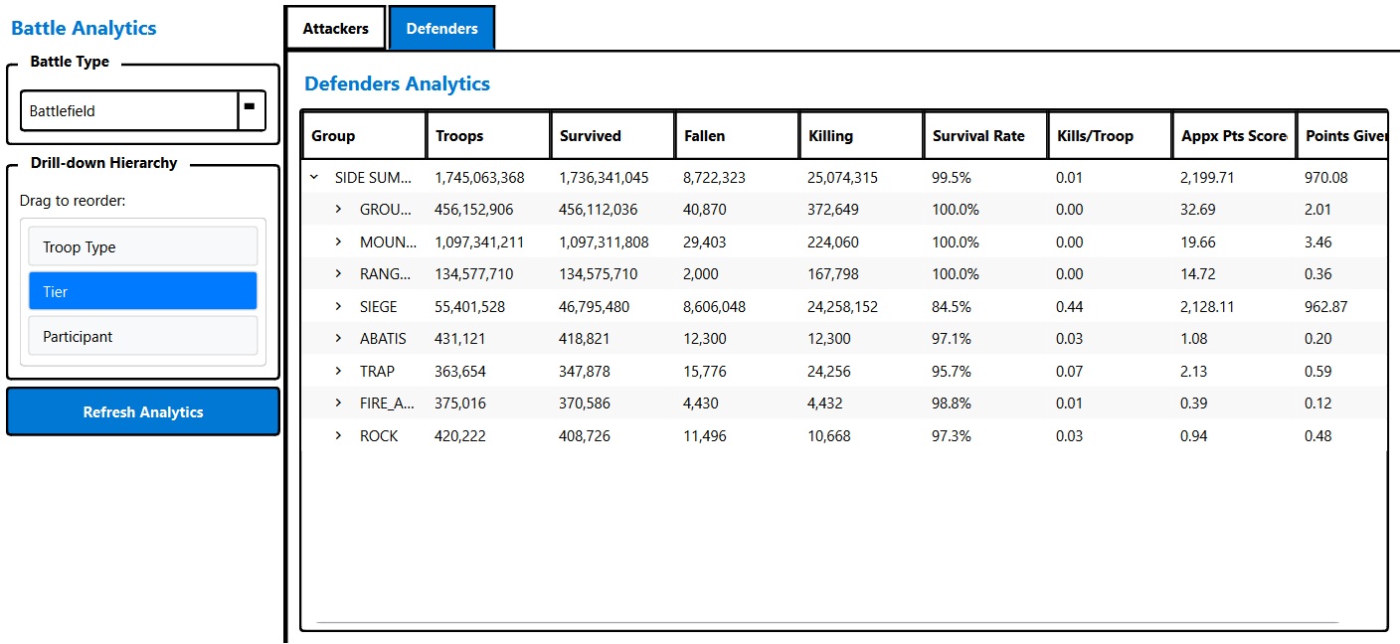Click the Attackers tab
pyautogui.click(x=335, y=29)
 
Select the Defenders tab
pyautogui.click(x=441, y=29)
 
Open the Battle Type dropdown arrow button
pyautogui.click(x=252, y=110)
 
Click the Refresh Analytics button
pyautogui.click(x=143, y=412)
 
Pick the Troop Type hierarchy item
pyautogui.click(x=143, y=247)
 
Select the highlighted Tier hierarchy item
pyautogui.click(x=143, y=292)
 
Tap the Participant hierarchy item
pyautogui.click(x=143, y=337)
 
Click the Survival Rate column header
pyautogui.click(x=978, y=136)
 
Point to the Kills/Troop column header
pyautogui.click(x=1095, y=136)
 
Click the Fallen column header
pyautogui.click(x=705, y=136)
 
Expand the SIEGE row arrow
pyautogui.click(x=338, y=307)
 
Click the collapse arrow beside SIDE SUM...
pyautogui.click(x=314, y=178)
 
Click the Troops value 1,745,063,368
pyautogui.click(x=479, y=178)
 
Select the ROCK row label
pyautogui.click(x=379, y=436)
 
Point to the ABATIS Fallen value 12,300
pyautogui.click(x=706, y=339)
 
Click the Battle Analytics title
pyautogui.click(x=84, y=28)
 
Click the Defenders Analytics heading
pyautogui.click(x=397, y=83)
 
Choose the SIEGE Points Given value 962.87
pyautogui.click(x=1325, y=307)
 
